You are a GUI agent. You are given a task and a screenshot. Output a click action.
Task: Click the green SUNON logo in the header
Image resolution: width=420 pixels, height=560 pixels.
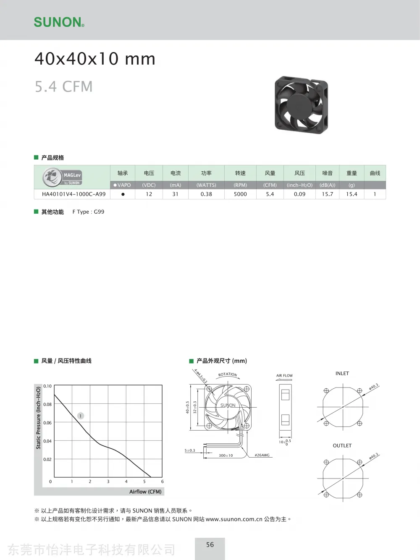click(59, 22)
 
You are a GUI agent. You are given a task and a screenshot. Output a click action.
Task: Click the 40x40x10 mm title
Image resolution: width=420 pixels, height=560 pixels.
click(94, 59)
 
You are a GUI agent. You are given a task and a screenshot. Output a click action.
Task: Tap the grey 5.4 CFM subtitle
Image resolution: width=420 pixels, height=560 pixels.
click(63, 86)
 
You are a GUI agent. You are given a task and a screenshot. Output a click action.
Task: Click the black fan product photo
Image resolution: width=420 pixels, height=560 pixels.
click(301, 105)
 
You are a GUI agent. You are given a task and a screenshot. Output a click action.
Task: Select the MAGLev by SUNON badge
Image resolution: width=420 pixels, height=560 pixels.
click(62, 177)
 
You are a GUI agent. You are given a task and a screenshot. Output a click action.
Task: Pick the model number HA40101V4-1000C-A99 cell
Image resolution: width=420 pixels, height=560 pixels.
click(74, 194)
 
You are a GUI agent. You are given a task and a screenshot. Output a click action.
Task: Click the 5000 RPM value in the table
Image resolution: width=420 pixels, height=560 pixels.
click(240, 194)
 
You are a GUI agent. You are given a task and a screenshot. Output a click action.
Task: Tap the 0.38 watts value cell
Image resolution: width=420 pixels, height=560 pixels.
click(206, 194)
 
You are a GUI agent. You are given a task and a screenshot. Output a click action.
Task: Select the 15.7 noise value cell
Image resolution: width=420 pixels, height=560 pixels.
click(327, 194)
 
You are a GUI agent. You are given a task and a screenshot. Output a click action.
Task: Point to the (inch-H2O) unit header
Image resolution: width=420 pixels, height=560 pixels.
click(299, 185)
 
